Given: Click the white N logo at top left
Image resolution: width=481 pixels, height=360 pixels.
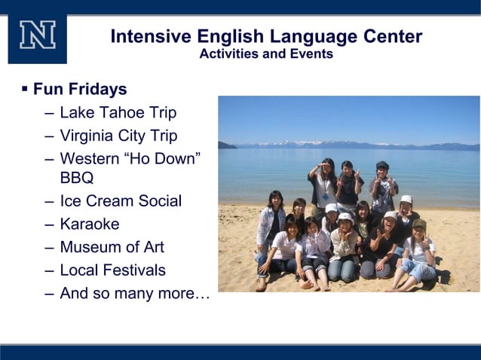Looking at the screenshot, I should pos(37,35).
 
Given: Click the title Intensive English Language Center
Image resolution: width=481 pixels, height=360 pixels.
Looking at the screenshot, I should pos(266,36).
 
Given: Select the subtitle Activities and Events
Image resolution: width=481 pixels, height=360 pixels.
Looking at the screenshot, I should pos(266,54).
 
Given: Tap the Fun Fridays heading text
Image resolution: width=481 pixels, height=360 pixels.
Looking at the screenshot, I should pos(80,90).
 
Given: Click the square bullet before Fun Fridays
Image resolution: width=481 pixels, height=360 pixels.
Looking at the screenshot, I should pos(24,90).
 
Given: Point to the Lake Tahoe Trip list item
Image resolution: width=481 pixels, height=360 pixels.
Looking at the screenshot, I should pos(118,113).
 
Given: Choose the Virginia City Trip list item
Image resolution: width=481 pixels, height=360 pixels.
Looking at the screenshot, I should pos(118,136).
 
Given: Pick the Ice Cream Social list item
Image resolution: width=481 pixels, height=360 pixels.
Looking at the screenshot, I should pos(121,201).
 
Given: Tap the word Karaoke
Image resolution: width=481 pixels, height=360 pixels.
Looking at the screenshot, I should pos(89,224).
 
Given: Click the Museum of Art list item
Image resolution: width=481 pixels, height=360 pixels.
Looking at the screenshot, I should pos(112,247).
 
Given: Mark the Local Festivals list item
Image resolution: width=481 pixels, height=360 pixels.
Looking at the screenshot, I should pos(112,270).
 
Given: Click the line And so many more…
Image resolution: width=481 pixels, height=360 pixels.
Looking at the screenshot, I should pos(134,293).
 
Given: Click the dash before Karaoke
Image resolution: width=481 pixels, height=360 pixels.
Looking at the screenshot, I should pos(49,224).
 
